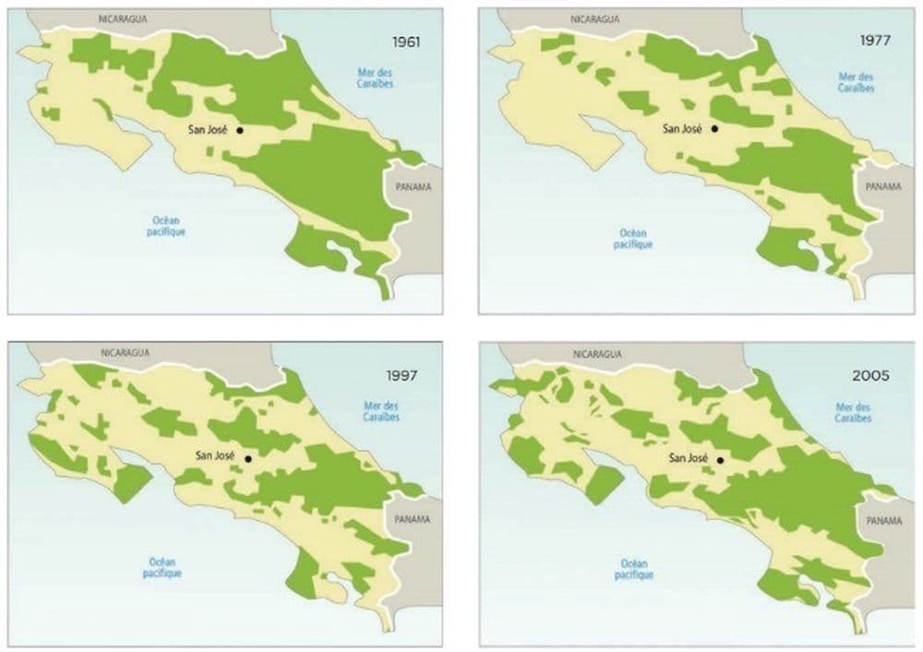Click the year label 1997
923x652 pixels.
click(402, 376)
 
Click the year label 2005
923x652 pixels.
click(872, 376)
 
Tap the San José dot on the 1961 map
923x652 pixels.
click(240, 130)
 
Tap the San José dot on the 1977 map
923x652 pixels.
click(714, 129)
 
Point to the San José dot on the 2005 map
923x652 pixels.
click(720, 458)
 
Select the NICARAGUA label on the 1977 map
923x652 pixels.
click(595, 17)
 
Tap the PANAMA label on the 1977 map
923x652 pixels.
click(883, 186)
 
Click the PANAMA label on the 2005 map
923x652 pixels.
click(883, 521)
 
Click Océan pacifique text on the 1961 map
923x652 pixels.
click(168, 226)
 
